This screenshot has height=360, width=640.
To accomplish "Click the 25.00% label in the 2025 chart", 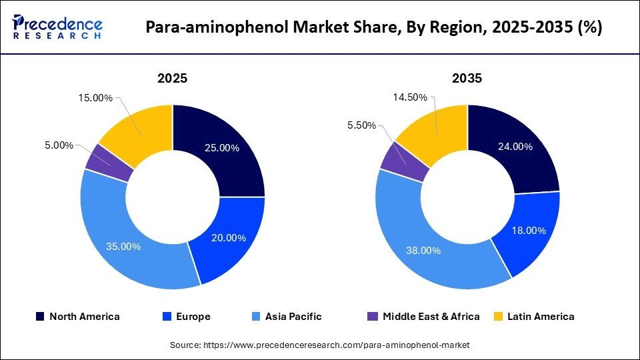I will pos(222,148).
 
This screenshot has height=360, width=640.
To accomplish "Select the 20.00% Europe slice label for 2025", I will pos(229,238).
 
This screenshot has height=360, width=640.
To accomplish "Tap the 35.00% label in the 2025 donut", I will pos(123,246).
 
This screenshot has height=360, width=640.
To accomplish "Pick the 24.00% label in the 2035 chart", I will pos(515,147).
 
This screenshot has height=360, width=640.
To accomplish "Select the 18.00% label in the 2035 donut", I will pos(529,230).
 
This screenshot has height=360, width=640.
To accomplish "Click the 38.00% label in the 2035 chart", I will pos(424,251).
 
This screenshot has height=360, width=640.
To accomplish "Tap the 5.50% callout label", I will pos(362,125).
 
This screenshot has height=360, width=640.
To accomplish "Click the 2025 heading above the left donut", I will pos(172,79).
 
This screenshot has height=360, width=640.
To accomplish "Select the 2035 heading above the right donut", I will pos(467,79).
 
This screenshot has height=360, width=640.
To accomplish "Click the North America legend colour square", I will pos(40,317).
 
